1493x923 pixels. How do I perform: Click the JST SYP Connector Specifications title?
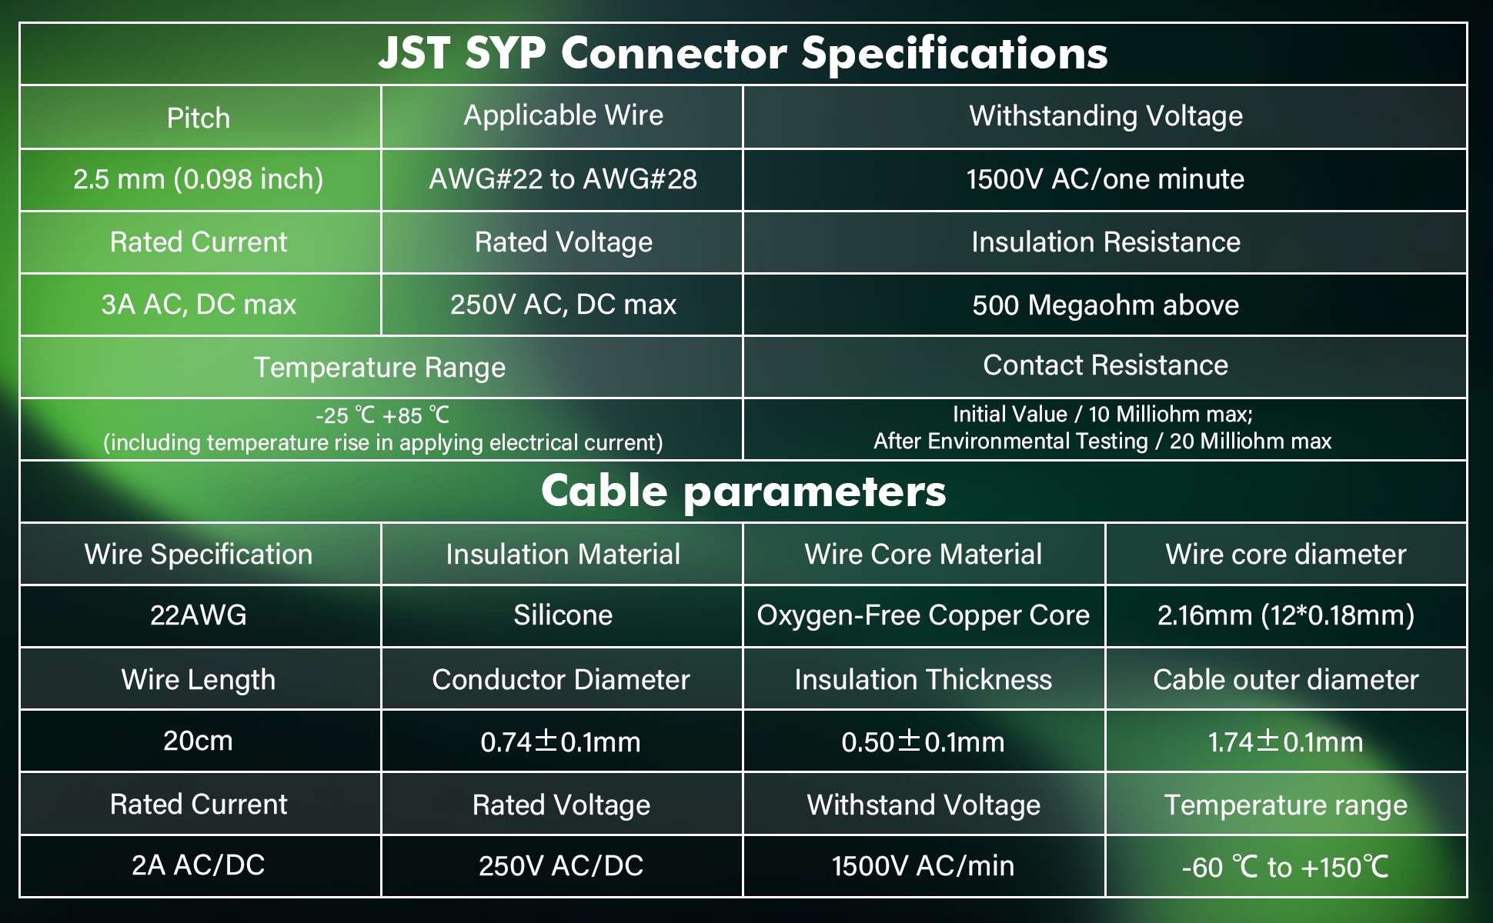[743, 54]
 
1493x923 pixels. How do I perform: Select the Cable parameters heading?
[743, 491]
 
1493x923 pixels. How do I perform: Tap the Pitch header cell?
[199, 118]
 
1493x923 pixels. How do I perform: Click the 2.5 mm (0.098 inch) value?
[199, 179]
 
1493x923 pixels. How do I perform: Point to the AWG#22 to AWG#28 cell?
[563, 179]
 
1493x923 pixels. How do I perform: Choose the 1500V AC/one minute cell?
[1105, 179]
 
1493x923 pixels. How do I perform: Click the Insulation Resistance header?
[1106, 242]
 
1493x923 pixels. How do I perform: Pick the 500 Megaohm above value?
[1106, 305]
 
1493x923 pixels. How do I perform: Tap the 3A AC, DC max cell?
[199, 305]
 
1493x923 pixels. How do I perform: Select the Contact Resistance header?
[1106, 365]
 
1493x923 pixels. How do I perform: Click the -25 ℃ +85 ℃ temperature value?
[382, 415]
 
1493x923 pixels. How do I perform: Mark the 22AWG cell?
[199, 615]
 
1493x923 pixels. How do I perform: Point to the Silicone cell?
[563, 615]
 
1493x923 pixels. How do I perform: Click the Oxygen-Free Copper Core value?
[924, 615]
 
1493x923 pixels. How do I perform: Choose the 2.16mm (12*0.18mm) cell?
[1286, 615]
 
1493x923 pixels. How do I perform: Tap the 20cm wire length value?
[198, 741]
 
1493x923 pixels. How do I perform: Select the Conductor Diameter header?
[561, 680]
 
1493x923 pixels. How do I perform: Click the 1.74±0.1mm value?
[1286, 742]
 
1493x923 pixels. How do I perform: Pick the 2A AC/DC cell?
[199, 865]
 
